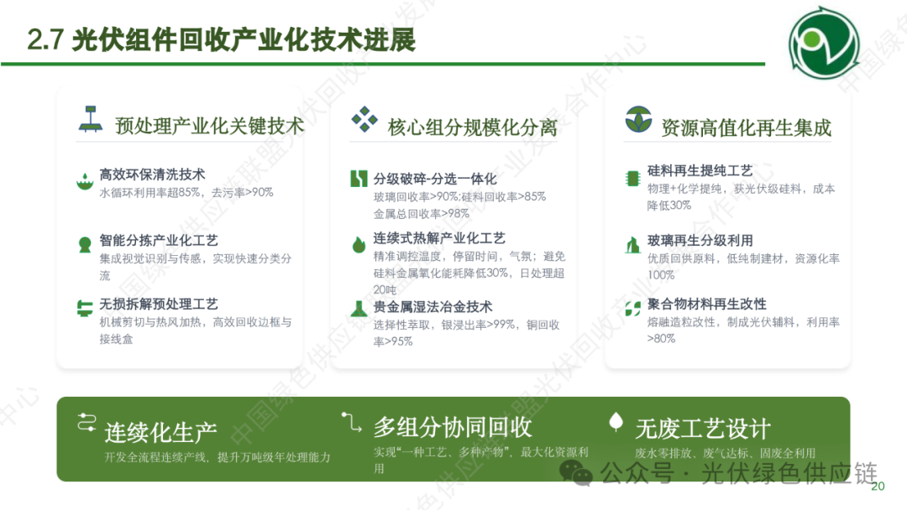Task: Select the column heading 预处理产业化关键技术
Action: point(209,126)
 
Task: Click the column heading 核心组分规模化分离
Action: point(472,127)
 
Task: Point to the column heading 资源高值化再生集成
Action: point(746,127)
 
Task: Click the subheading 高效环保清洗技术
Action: point(152,174)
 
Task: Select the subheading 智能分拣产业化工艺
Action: point(159,241)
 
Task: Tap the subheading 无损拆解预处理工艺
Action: point(159,304)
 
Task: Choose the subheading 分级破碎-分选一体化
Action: point(435,179)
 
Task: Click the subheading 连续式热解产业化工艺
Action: point(439,238)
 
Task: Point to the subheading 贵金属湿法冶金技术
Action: point(433,306)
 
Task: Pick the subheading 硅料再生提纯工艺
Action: point(700,171)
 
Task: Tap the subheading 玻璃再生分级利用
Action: point(700,241)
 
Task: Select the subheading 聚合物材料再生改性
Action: point(706,304)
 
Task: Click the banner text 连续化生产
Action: point(160,432)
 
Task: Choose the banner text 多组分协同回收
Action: point(453,427)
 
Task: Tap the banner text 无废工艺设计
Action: point(702,429)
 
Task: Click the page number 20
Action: point(878,487)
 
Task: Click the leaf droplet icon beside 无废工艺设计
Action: point(616,422)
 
